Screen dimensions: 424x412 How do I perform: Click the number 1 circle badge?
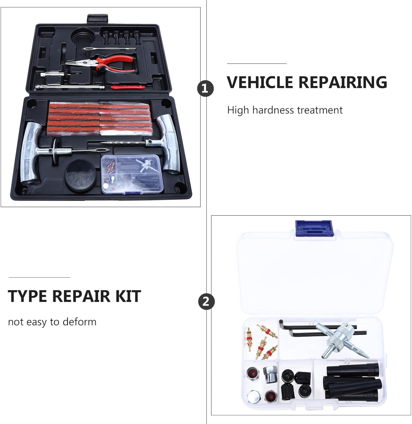(205, 89)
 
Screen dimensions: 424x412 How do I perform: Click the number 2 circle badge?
(206, 301)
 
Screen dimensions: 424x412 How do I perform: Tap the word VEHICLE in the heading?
(260, 82)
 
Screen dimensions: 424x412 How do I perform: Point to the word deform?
(79, 322)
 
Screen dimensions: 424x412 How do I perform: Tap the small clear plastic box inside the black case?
(132, 174)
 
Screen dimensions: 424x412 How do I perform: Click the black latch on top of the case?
(97, 19)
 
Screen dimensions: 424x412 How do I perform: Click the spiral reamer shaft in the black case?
(124, 143)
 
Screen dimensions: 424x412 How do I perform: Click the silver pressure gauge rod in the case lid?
(69, 87)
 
